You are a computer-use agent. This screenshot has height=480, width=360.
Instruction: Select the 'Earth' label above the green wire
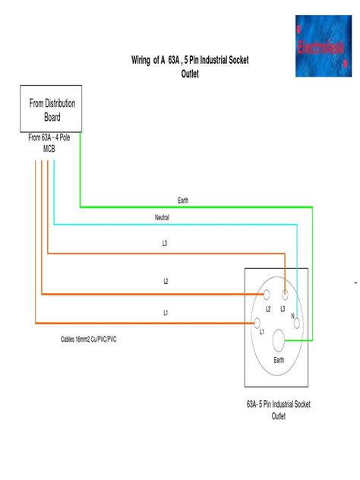pos(183,201)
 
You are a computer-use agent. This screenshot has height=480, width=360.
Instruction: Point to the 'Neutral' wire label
pos(162,217)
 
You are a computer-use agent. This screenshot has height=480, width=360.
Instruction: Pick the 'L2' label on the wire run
pos(166,281)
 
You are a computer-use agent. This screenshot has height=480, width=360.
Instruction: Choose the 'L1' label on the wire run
pos(166,312)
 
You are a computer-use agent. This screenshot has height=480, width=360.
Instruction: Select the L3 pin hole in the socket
pos(285,292)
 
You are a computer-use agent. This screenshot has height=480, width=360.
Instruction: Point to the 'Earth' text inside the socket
pos(278,360)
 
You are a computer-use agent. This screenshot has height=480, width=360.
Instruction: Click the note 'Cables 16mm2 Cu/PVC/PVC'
pos(89,339)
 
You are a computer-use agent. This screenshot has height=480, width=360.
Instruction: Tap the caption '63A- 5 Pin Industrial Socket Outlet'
pos(278,411)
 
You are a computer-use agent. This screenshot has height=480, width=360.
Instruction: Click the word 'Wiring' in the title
pos(144,60)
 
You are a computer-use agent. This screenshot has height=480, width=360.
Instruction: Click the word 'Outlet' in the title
pos(190,74)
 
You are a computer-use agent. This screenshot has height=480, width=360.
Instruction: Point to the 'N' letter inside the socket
pos(292,315)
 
